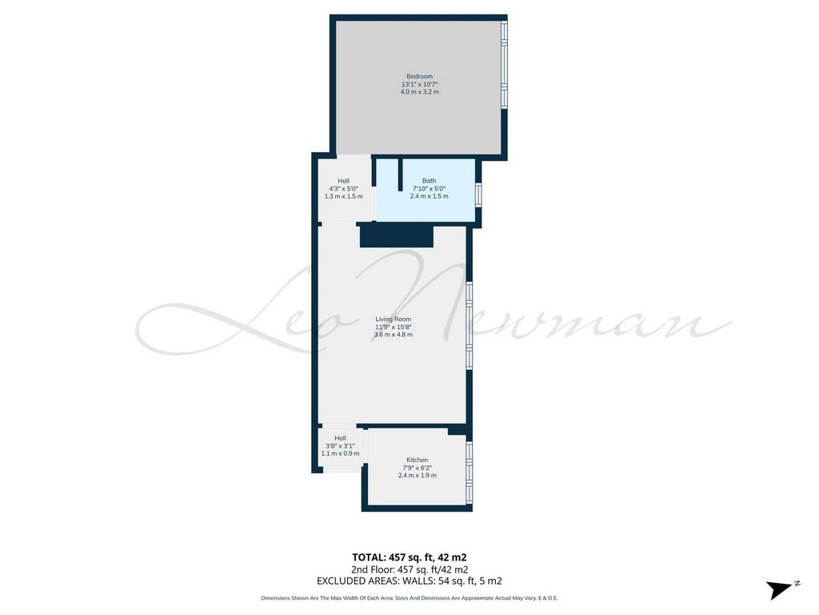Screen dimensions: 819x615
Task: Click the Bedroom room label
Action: pos(419,76)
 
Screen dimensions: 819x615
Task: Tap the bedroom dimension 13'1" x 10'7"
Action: pos(419,84)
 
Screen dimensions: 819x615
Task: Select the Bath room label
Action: pos(429,181)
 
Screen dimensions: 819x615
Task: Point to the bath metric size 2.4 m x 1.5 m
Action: pos(429,196)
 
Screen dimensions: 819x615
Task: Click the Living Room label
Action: pos(394,319)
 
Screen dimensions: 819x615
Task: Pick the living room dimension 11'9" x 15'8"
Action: pos(394,327)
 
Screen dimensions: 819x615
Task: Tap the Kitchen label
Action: pos(417,460)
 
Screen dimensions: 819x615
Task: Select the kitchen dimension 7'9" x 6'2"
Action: pos(417,468)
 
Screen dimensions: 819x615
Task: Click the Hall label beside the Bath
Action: pos(343,181)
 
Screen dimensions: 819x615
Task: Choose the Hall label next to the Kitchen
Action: pos(340,438)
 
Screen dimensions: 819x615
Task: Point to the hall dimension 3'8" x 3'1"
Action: pos(340,446)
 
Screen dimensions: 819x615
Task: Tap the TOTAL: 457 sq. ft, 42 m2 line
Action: pos(409,557)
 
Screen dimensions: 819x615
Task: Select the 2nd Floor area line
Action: pos(409,569)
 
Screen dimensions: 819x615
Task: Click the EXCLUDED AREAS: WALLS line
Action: pos(409,581)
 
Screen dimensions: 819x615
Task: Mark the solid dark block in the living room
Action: pos(397,235)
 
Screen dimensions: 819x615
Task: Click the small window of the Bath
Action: pos(478,195)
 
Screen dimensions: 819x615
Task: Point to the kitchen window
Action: pos(469,473)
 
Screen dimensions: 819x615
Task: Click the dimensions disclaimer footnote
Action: pos(409,597)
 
